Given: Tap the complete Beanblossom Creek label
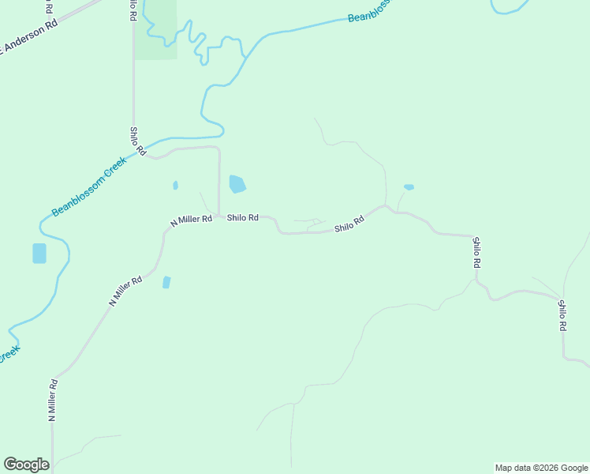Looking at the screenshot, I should pyautogui.click(x=89, y=186).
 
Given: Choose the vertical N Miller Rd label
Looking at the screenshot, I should pyautogui.click(x=53, y=401).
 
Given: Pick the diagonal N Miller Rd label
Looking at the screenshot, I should pyautogui.click(x=125, y=290).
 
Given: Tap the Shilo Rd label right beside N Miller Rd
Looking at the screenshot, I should pyautogui.click(x=243, y=217).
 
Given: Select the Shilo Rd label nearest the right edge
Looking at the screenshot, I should pyautogui.click(x=562, y=315).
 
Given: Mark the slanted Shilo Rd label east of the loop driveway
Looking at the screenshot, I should pyautogui.click(x=349, y=224).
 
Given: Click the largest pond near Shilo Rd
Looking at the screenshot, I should pyautogui.click(x=237, y=185).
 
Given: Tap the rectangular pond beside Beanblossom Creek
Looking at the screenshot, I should pyautogui.click(x=39, y=254).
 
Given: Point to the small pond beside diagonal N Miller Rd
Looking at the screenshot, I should pyautogui.click(x=166, y=282).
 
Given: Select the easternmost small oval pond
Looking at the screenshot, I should pyautogui.click(x=409, y=187).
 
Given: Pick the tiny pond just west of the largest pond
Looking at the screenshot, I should pyautogui.click(x=175, y=186).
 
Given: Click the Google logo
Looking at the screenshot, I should pyautogui.click(x=26, y=465).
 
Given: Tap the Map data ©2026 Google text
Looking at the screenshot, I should pyautogui.click(x=541, y=468).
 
